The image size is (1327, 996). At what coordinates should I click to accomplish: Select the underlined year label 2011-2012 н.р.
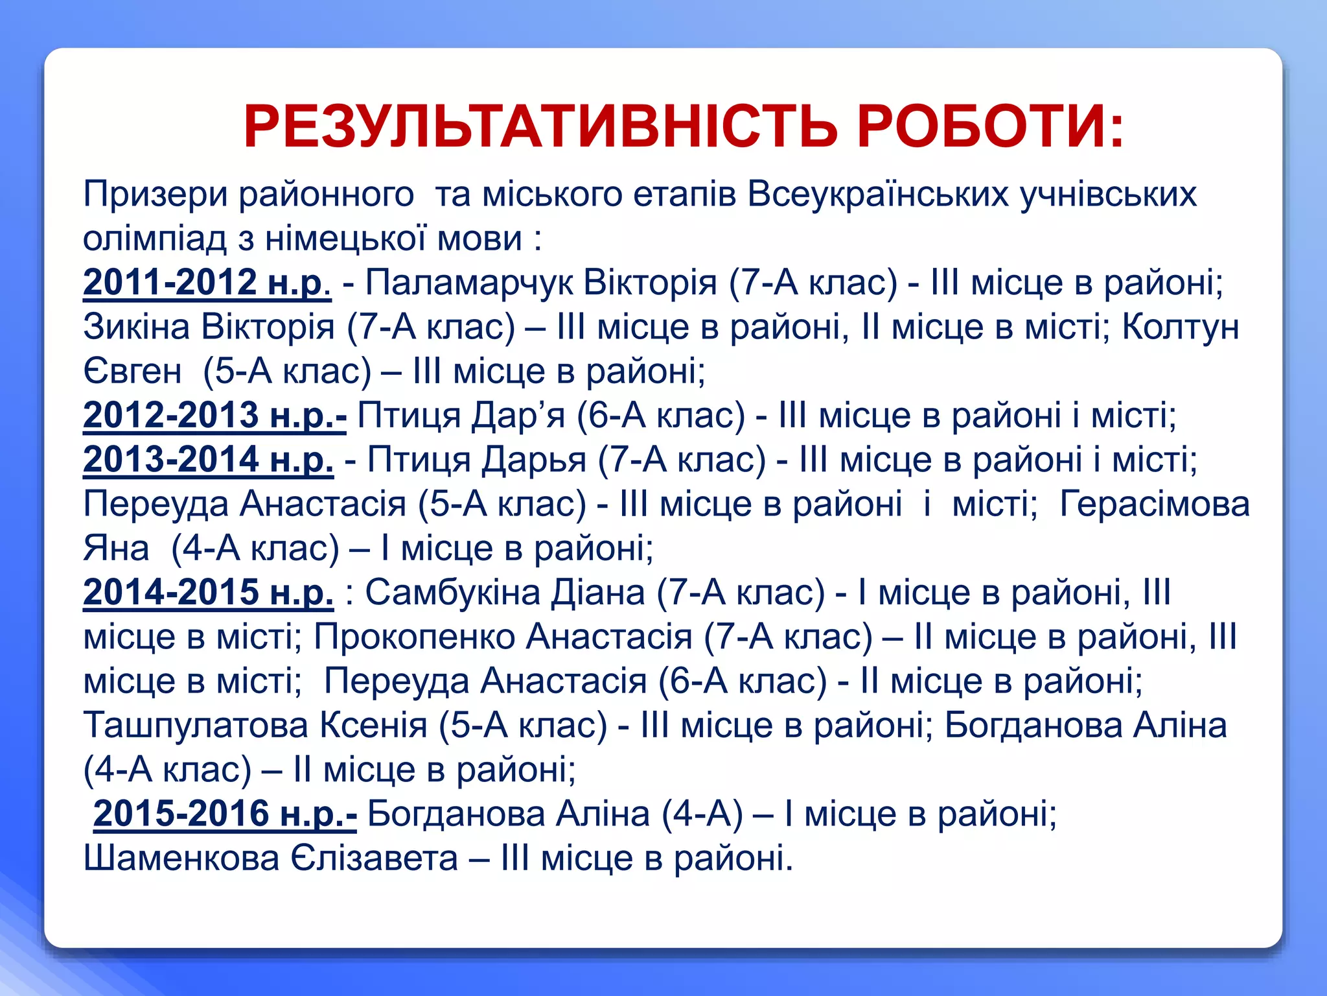[x=207, y=283]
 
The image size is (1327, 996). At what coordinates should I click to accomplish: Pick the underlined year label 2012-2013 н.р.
[x=214, y=415]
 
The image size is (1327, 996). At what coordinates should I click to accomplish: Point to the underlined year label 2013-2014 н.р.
[x=208, y=460]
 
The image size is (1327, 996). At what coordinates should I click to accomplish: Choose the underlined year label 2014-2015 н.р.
[x=208, y=592]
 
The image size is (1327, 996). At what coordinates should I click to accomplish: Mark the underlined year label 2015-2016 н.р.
[x=225, y=813]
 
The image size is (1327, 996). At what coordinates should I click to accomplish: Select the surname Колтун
[x=1180, y=327]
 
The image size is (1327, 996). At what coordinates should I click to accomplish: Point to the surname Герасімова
[x=1155, y=504]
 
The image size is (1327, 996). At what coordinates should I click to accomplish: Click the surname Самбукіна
[x=452, y=592]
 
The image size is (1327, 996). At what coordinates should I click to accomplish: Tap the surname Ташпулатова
[x=196, y=725]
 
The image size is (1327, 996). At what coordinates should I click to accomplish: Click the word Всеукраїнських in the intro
[x=877, y=194]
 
